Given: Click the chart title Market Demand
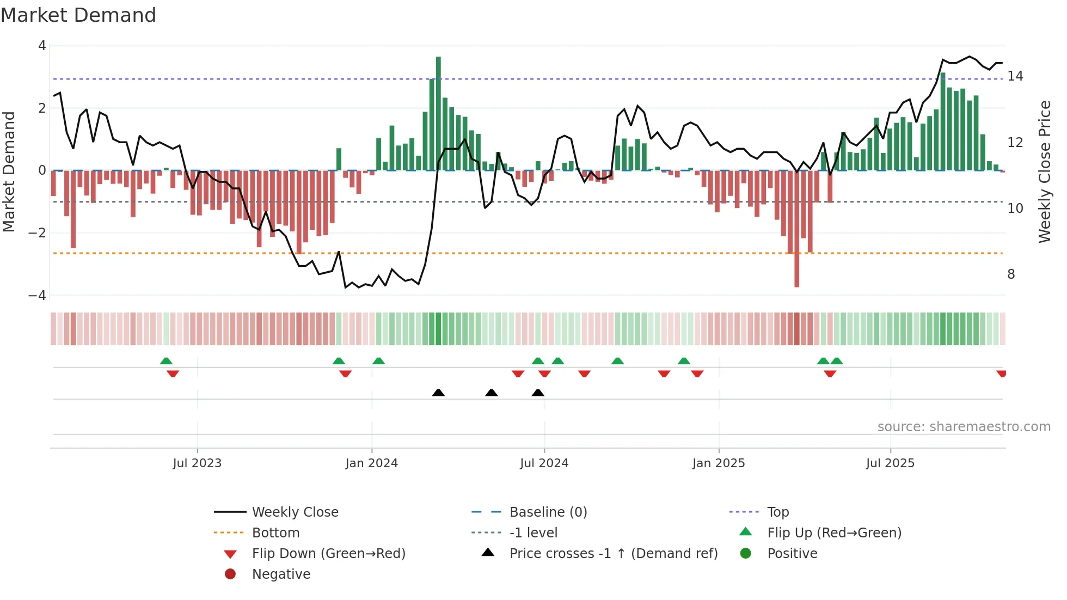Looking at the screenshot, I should (x=78, y=15).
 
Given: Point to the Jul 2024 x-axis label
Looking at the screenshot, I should (x=544, y=463).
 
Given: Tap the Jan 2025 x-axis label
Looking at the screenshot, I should (x=718, y=463).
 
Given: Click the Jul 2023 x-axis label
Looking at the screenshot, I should (x=197, y=463).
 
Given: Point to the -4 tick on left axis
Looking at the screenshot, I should (x=38, y=296).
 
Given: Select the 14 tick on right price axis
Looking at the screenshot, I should (x=1015, y=76).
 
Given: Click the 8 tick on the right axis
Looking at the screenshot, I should (x=1011, y=274).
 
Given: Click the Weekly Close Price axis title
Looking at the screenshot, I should (x=1044, y=172).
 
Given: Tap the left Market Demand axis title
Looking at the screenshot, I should (x=9, y=172).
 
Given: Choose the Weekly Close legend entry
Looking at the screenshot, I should (x=295, y=512).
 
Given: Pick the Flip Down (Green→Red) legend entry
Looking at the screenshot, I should (x=328, y=554).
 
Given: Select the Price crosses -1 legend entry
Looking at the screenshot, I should (x=613, y=554).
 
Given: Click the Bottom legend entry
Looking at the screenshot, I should (x=275, y=533).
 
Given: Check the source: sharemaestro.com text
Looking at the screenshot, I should (x=964, y=427).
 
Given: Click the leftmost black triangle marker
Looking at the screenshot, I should (x=438, y=393).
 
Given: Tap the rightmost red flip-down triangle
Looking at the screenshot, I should (x=1001, y=374).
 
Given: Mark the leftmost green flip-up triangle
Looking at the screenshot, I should (x=166, y=361).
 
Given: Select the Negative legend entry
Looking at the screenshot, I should (x=281, y=574).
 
